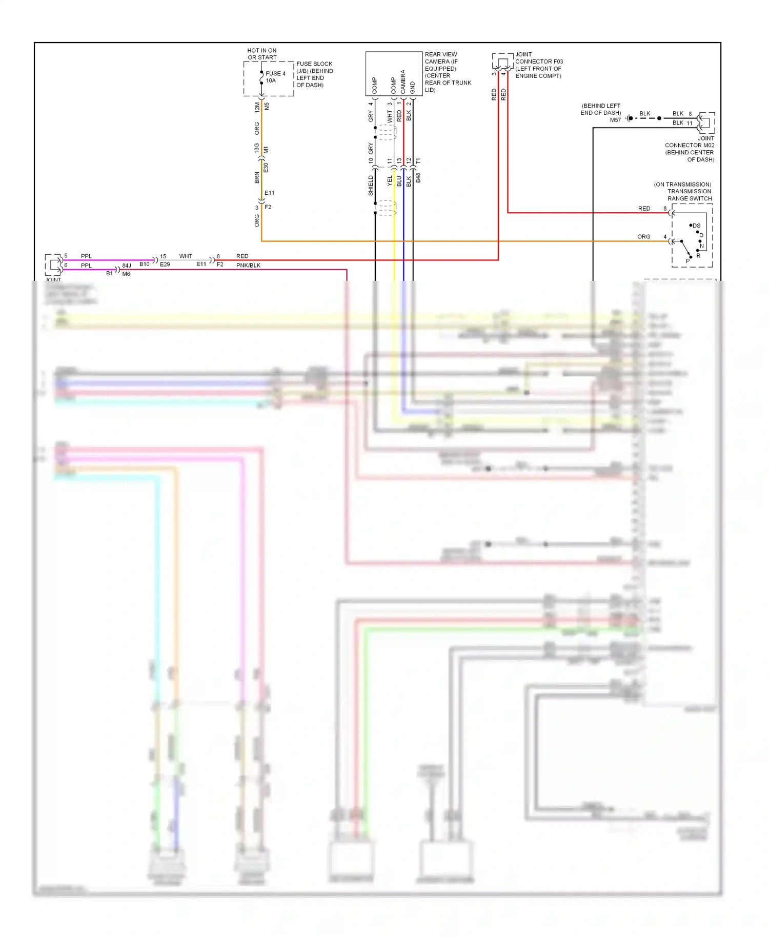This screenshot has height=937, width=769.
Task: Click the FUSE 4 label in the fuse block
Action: pos(275,73)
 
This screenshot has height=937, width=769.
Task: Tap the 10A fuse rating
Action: pos(271,80)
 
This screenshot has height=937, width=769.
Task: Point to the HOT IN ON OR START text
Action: pos(261,54)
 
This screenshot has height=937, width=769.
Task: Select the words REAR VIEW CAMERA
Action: pos(440,57)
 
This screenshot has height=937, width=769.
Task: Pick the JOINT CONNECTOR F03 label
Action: pos(538,61)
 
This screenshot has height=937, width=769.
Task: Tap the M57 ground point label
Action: pos(615,120)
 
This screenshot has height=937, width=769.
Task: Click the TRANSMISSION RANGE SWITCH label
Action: pos(689,195)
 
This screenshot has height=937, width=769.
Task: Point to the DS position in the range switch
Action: pos(696,226)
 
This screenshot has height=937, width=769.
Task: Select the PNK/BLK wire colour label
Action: pos(248,265)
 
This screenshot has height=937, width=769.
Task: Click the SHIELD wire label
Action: pos(371,186)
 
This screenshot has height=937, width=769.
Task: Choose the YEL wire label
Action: pos(390,180)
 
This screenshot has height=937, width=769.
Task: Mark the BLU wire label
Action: pos(399,180)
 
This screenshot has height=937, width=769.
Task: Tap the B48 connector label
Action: pos(418,178)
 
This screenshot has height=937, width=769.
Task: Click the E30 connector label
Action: pos(266,168)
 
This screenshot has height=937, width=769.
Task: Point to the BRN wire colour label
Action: pos(257,177)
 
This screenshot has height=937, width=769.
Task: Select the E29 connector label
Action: pos(165,264)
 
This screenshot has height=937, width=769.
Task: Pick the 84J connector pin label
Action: pos(127,266)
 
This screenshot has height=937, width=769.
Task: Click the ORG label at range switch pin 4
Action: pos(643,237)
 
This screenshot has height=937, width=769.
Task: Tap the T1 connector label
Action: pos(418,161)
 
